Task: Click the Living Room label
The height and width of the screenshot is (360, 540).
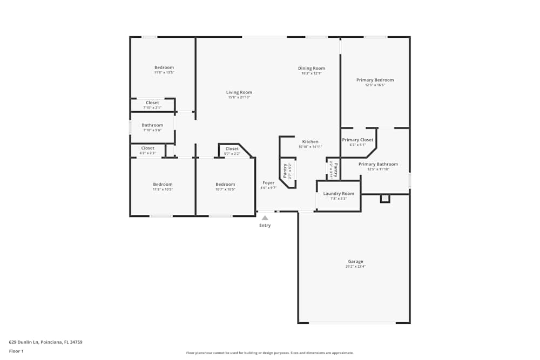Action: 239,92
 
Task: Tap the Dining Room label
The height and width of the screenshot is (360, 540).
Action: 312,68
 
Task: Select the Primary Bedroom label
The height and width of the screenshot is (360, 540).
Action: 375,80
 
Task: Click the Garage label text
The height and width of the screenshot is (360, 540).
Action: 355,261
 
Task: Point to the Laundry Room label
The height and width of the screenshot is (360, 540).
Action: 339,193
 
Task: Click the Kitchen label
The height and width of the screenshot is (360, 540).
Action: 310,141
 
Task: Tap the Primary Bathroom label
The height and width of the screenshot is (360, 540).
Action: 378,164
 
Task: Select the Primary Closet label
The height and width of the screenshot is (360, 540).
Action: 357,140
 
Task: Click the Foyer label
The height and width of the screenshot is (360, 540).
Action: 268,183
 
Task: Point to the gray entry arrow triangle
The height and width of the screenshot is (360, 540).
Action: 265,218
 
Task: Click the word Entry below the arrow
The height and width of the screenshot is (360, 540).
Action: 265,226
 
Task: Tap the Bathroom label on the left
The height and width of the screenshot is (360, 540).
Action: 152,125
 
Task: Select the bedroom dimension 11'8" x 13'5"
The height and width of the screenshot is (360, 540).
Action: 164,72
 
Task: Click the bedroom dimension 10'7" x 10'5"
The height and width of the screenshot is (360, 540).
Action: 225,189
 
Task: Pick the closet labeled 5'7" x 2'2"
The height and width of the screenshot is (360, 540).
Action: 232,154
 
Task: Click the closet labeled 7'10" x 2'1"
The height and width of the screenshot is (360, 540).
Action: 152,107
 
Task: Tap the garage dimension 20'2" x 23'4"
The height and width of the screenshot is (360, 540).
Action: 355,267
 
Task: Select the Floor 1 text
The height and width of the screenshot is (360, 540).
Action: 17,351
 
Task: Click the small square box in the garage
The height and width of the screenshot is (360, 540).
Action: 385,199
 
